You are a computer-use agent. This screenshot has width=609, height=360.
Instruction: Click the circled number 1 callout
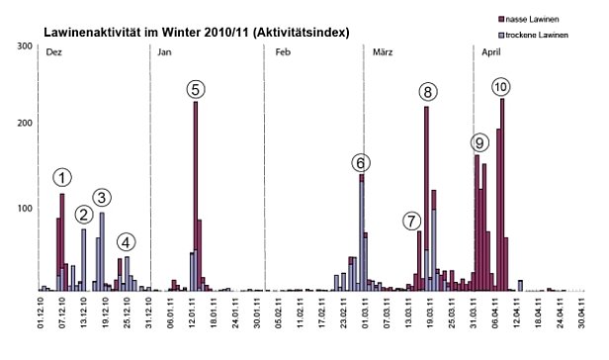pos(62,178)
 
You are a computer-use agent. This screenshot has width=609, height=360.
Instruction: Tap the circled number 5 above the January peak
pos(196,89)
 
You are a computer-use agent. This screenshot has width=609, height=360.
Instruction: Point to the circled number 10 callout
pos(501,87)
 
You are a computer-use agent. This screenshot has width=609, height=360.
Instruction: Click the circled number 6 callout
pos(361,162)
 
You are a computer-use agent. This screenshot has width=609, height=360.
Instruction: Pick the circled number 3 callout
pos(102,197)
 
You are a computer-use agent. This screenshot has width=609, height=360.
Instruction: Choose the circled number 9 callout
pos(479,142)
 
